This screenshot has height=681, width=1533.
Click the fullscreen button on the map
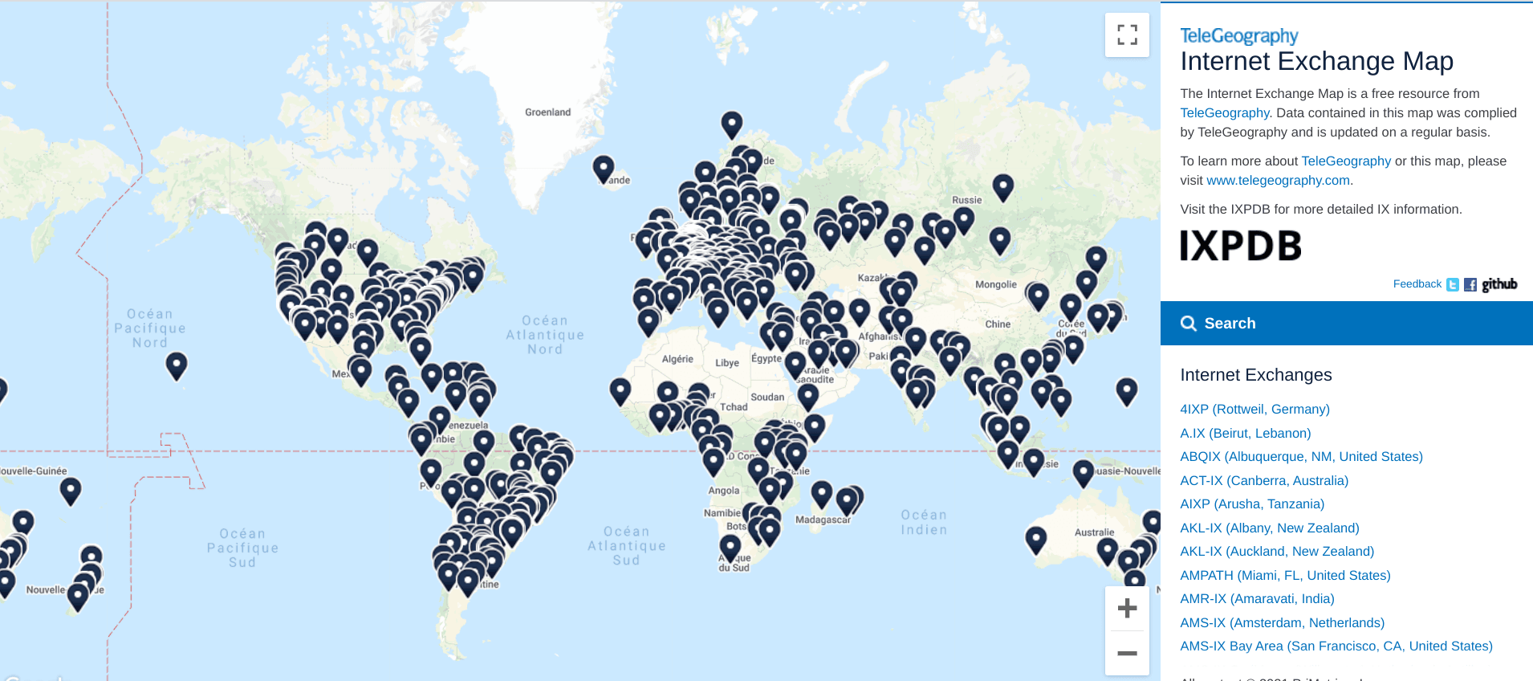coord(1127,35)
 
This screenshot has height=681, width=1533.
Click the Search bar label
coord(1230,324)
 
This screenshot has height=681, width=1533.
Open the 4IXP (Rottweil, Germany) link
coord(1254,410)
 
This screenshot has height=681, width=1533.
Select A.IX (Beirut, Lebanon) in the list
coord(1245,434)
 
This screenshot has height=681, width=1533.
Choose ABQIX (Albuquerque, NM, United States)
coord(1301,457)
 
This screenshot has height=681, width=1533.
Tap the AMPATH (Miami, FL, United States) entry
coord(1285,576)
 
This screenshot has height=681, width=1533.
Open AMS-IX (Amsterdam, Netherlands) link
coord(1282,623)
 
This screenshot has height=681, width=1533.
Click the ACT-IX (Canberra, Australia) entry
coord(1264,481)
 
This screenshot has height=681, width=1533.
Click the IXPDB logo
coord(1240,246)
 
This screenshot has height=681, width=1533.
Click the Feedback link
coord(1417,284)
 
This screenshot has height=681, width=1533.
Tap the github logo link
coord(1499,284)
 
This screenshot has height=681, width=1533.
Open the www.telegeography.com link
coord(1278,181)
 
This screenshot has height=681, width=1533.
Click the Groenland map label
coord(547,112)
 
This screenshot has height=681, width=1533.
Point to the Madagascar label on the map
coord(823,520)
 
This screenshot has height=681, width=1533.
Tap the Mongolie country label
coord(995,285)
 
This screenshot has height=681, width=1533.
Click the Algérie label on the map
coord(677,360)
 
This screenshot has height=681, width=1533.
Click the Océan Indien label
coord(924,522)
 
